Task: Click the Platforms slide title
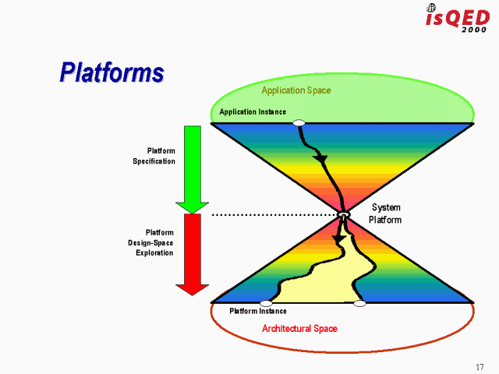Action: tap(111, 72)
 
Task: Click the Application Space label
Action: tap(296, 90)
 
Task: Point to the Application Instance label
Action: tap(252, 112)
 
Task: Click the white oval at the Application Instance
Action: tap(299, 123)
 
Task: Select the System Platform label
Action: tap(386, 213)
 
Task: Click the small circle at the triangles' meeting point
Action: tap(344, 214)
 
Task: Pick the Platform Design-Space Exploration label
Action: tap(151, 242)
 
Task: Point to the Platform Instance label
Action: tap(257, 312)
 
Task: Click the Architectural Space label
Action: tap(299, 329)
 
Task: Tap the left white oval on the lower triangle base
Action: tap(266, 303)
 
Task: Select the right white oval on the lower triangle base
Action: tap(359, 303)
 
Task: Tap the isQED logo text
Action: tap(456, 17)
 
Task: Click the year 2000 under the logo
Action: tap(474, 30)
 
